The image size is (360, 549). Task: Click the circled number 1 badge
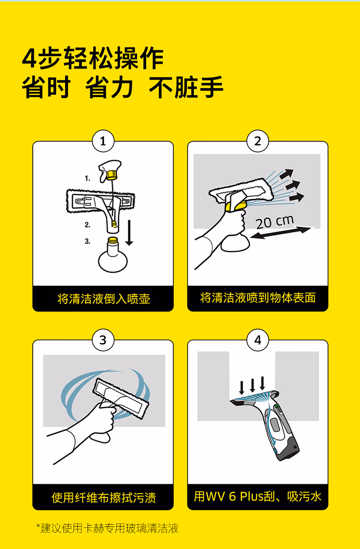pos(103,141)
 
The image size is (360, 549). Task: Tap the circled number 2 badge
pos(257,141)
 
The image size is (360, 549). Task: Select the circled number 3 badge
pos(103,340)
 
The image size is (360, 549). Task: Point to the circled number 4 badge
pos(257,340)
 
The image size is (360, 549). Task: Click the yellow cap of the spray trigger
pos(112,175)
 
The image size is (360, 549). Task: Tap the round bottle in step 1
pos(113,255)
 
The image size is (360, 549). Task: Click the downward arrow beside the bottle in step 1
pos(129,233)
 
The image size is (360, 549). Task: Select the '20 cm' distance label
pos(274,222)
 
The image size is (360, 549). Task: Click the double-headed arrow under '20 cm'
pos(281,233)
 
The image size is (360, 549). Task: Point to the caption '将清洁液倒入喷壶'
pos(103,299)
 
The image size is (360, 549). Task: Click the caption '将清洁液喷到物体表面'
pos(257,298)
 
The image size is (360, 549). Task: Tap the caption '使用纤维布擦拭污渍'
pos(103,497)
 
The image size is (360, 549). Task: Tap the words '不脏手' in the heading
pos(186,87)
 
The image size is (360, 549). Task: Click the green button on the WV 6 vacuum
pos(277,407)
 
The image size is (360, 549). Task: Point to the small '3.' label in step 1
pos(87,241)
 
